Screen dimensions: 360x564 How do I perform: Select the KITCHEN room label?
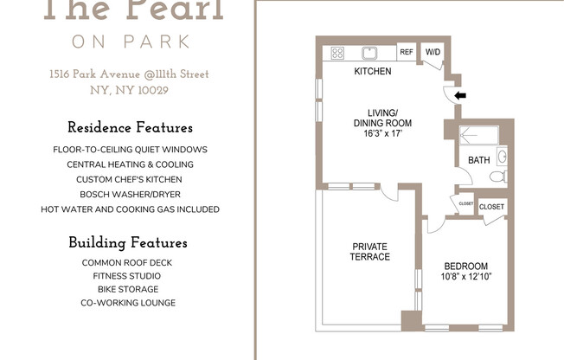(x=373, y=72)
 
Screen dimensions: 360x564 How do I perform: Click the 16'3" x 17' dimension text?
(x=382, y=134)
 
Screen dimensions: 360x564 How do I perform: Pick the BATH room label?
(x=478, y=161)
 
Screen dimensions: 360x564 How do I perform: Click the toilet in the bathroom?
(x=497, y=177)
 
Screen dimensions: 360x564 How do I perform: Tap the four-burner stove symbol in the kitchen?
(x=337, y=53)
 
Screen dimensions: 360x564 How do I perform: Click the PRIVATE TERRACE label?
(x=369, y=252)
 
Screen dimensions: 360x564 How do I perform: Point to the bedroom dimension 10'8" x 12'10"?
(x=465, y=277)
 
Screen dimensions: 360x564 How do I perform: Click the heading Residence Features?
(x=130, y=128)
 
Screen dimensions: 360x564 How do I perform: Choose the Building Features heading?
(x=128, y=242)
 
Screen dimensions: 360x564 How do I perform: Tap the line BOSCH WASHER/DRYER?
(x=130, y=194)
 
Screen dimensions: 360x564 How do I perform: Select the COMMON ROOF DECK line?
(x=128, y=261)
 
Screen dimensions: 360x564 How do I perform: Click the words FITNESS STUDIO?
(x=128, y=275)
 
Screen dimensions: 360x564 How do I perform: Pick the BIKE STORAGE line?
(x=128, y=289)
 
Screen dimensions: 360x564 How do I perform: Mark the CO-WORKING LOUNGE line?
(x=128, y=303)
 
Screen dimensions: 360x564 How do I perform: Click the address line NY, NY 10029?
(x=129, y=90)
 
